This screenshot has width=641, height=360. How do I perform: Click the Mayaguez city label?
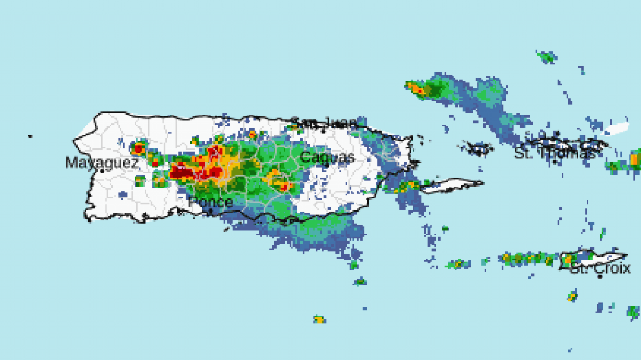(x=101, y=163)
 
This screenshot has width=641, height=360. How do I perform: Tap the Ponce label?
(x=211, y=203)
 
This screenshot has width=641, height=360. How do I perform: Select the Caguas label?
(x=327, y=157)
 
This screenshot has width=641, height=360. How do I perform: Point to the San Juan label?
(x=325, y=123)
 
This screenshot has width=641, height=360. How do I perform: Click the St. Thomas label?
(x=555, y=152)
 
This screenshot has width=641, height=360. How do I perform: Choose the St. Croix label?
(x=600, y=269)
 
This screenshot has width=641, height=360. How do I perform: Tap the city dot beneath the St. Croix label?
(x=600, y=276)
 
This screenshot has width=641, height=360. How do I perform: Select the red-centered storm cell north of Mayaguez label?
(x=138, y=148)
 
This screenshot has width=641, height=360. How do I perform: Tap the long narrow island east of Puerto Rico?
(x=451, y=185)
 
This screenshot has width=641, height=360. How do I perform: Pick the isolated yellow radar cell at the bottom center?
(x=319, y=319)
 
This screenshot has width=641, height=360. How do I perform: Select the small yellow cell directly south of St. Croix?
(x=572, y=296)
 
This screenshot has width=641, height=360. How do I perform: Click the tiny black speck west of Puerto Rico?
(x=29, y=136)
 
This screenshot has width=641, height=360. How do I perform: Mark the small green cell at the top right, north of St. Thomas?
(x=546, y=57)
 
